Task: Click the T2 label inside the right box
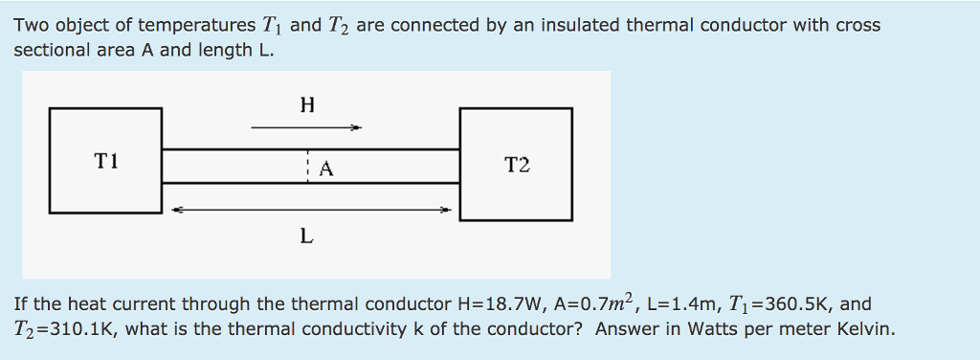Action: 516,166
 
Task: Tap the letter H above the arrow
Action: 306,104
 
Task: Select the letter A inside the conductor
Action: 325,170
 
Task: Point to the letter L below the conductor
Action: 305,236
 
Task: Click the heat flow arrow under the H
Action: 306,126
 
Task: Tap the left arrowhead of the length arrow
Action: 176,209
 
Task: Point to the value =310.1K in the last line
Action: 76,330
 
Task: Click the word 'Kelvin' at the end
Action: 866,330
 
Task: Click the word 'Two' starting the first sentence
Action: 30,25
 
